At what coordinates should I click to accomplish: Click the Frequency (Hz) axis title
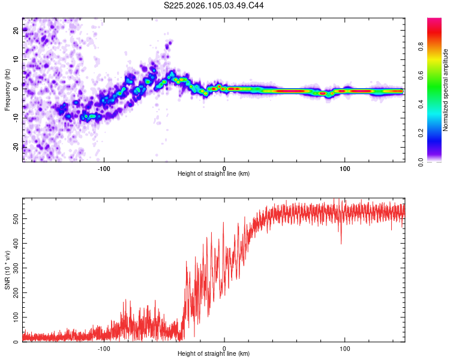tap(7, 90)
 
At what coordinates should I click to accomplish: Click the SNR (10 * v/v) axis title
tap(7, 271)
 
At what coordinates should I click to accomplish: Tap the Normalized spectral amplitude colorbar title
tap(445, 90)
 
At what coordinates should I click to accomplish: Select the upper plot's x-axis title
tap(214, 173)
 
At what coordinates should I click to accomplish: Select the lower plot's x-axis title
tap(214, 354)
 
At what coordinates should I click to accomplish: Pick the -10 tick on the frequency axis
tap(15, 118)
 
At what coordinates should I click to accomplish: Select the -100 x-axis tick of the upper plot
tap(104, 167)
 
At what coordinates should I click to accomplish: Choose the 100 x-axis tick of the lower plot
tap(345, 347)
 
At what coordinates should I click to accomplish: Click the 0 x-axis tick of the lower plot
tap(224, 347)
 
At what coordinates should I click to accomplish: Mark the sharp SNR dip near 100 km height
tap(341, 243)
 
